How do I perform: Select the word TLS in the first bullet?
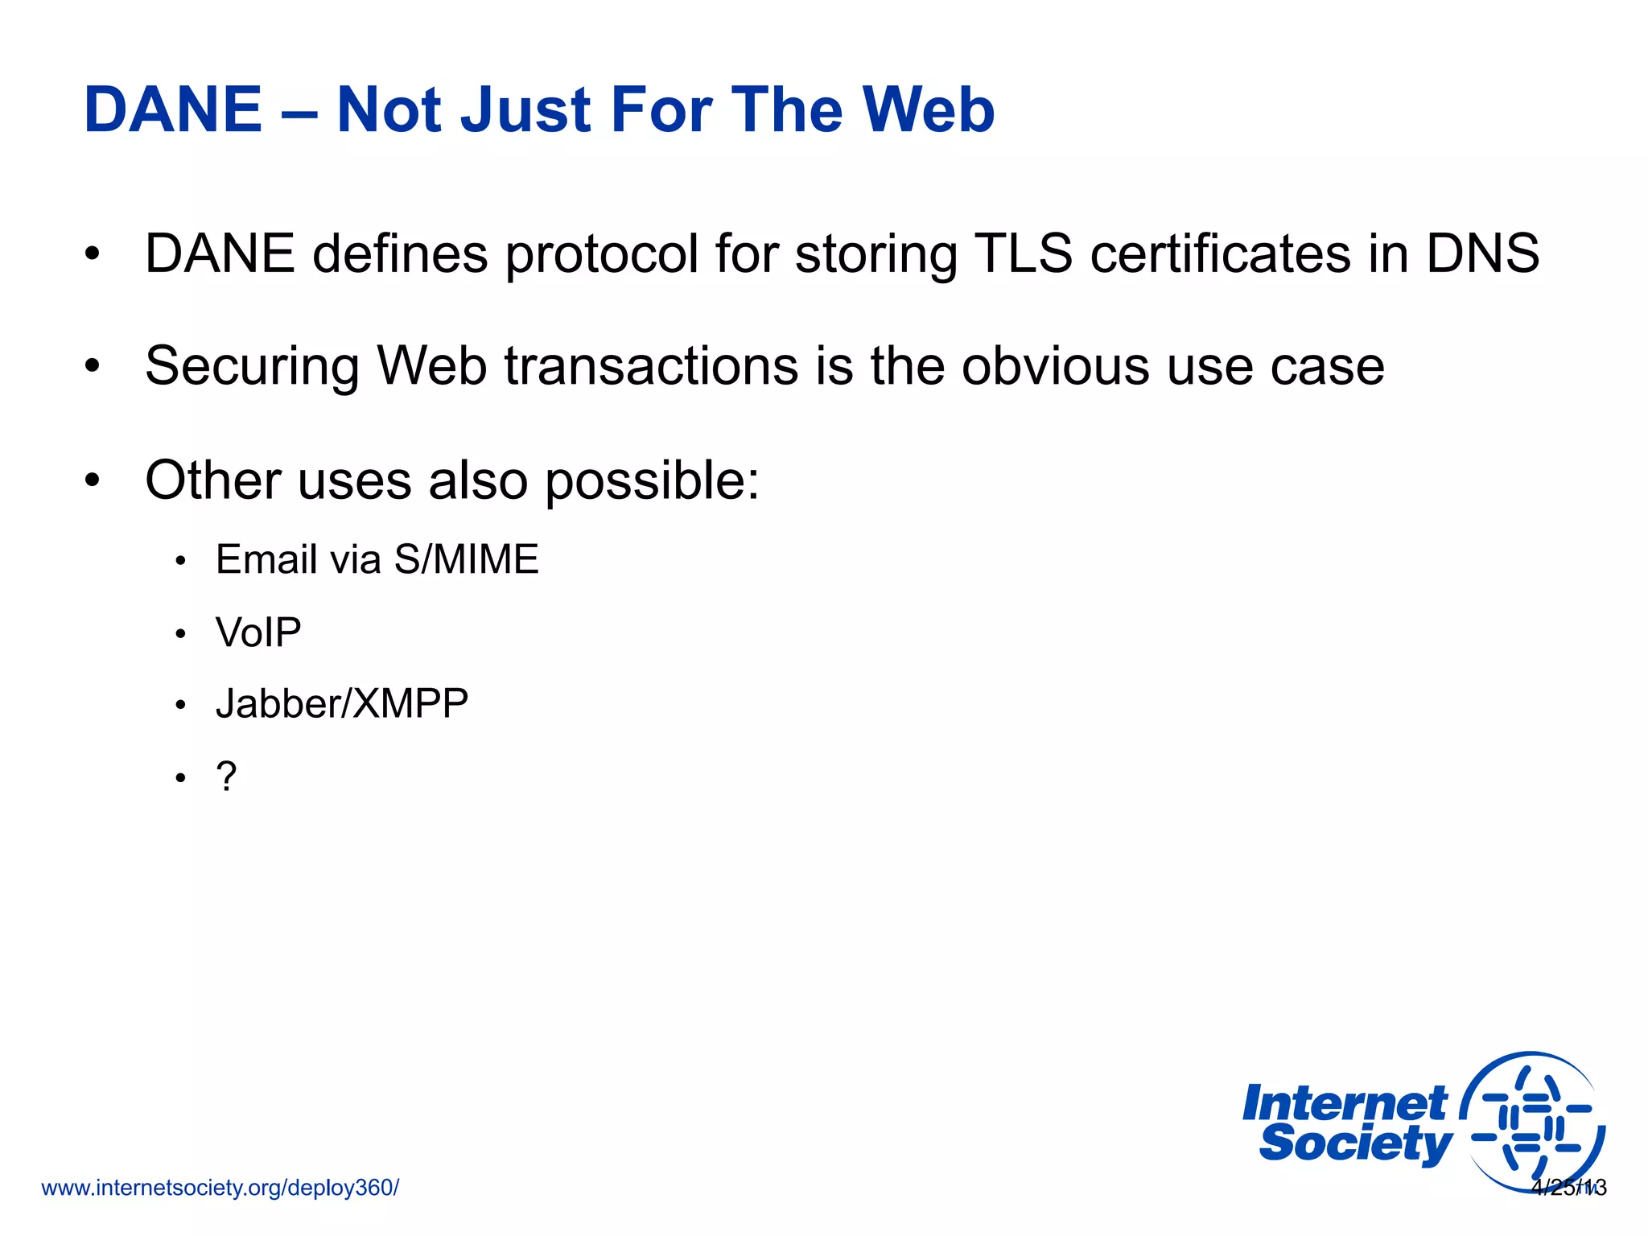pos(1023,254)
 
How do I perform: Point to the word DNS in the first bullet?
pos(1482,254)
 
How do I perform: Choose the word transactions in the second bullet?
pos(652,367)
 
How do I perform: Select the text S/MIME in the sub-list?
pos(466,559)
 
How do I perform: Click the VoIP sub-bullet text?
pos(258,632)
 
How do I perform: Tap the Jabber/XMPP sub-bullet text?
pos(342,704)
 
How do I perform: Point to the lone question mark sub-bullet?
pos(226,777)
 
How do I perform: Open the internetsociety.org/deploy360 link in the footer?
pos(220,1188)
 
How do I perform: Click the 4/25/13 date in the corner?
pos(1568,1188)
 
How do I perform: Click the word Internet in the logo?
pos(1344,1105)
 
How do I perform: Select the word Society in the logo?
pos(1355,1144)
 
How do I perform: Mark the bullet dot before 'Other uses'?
pos(93,480)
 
